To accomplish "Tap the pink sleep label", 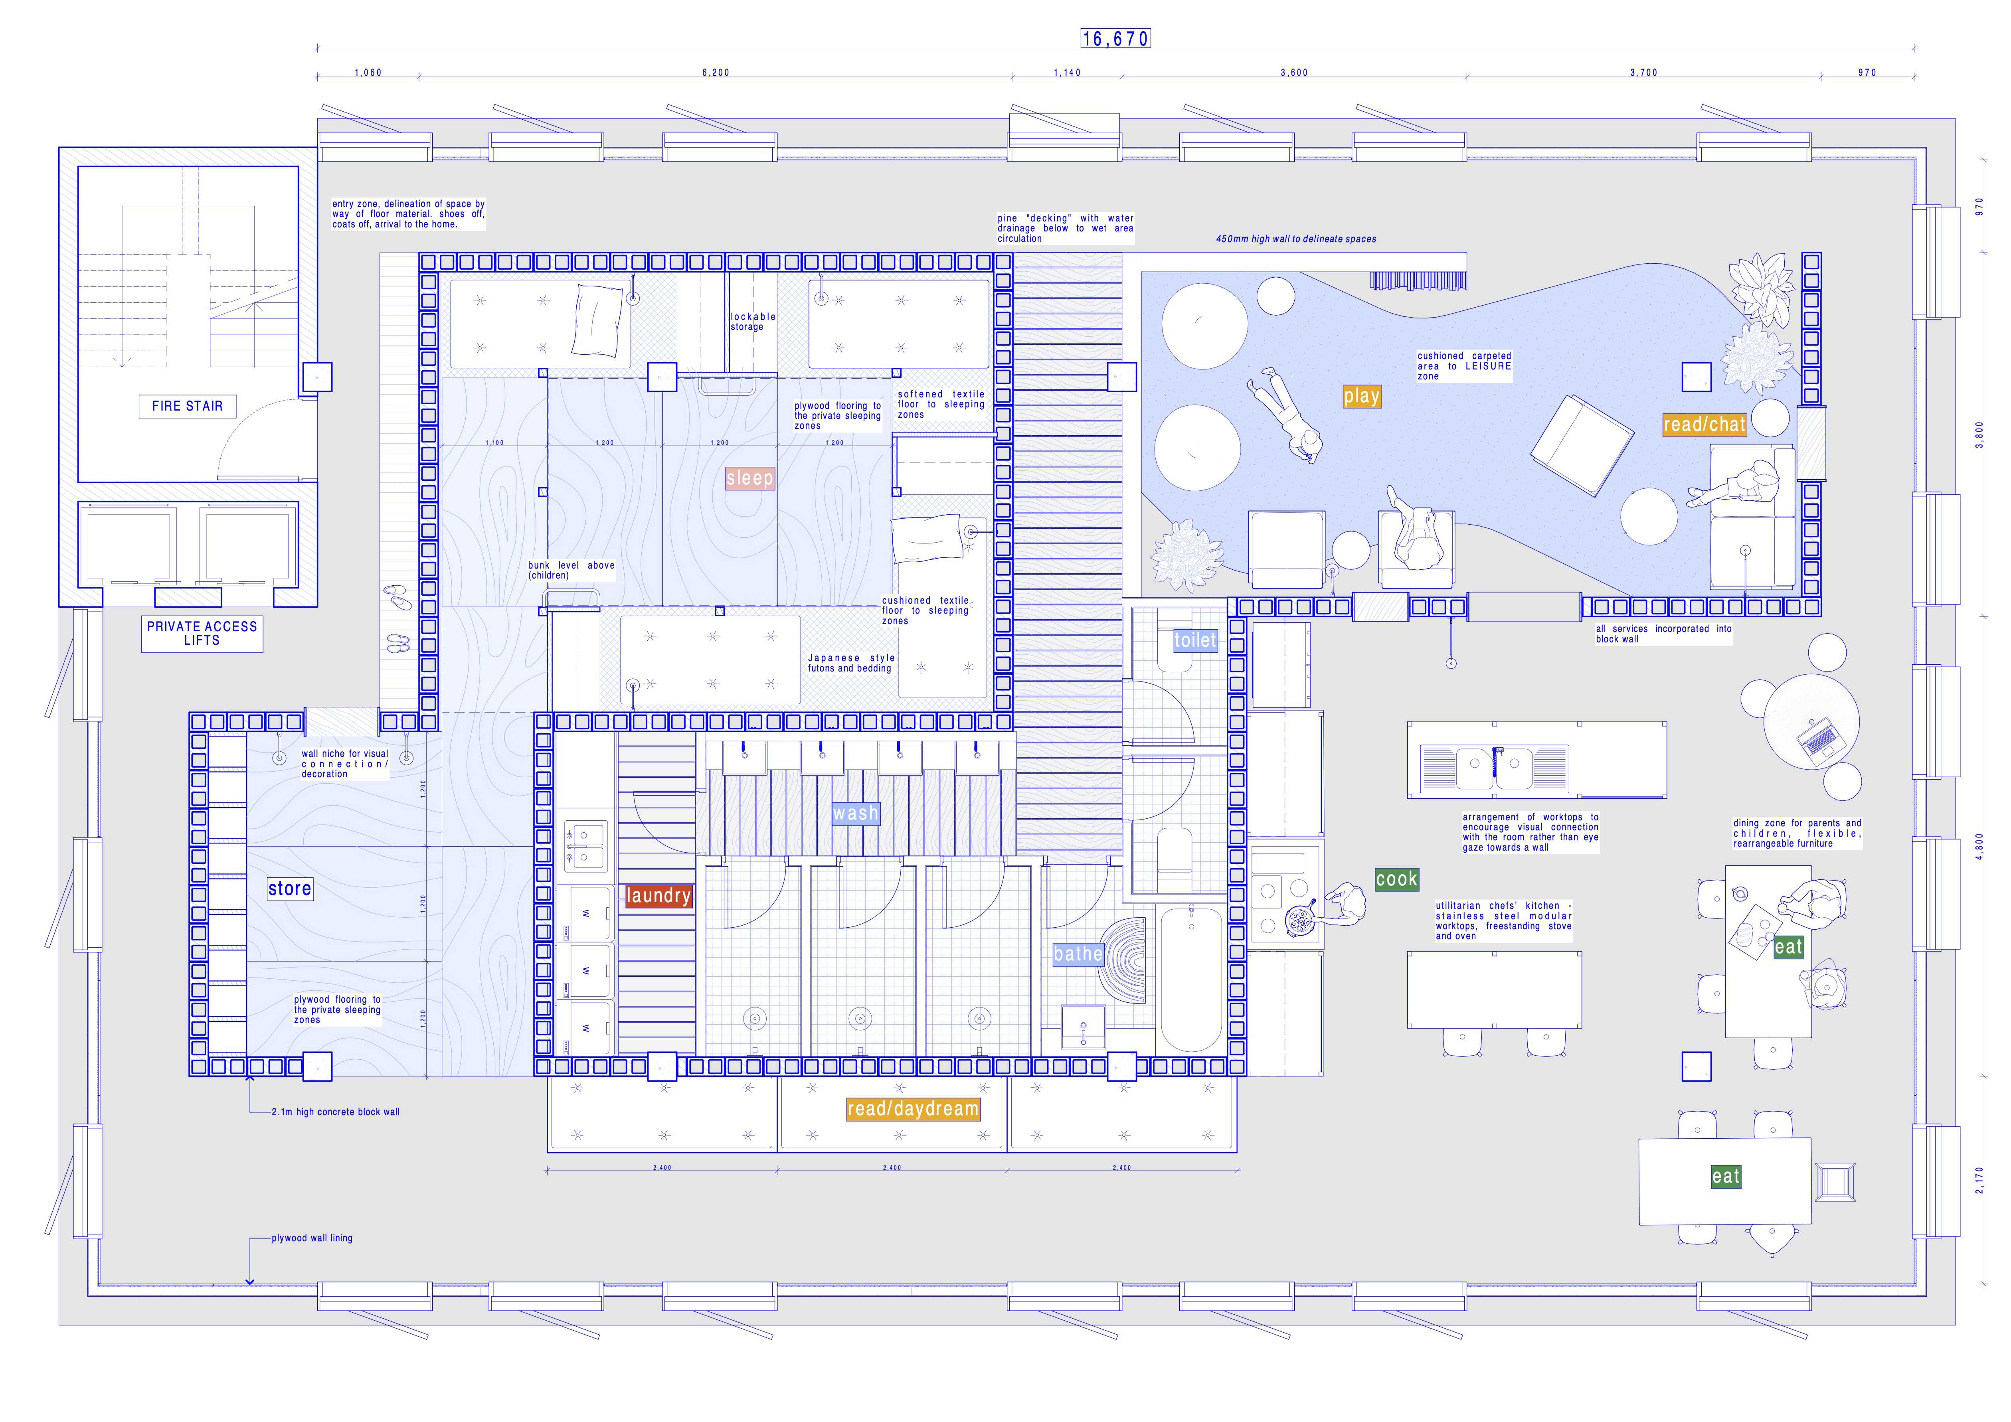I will [x=750, y=478].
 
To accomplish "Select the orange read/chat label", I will [x=1704, y=425].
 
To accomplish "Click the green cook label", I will [x=1396, y=879].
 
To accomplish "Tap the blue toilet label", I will [x=1196, y=640].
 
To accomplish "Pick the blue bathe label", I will [x=1077, y=954].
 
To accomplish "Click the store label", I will [x=290, y=889].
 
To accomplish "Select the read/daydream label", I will [x=912, y=1108].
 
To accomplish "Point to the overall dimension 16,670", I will [x=1115, y=39].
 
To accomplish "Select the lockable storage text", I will [x=752, y=321].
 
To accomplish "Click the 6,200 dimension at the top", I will [x=716, y=73].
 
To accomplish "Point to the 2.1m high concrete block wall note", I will [x=336, y=1112].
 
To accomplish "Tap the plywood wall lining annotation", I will [x=312, y=1238].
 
